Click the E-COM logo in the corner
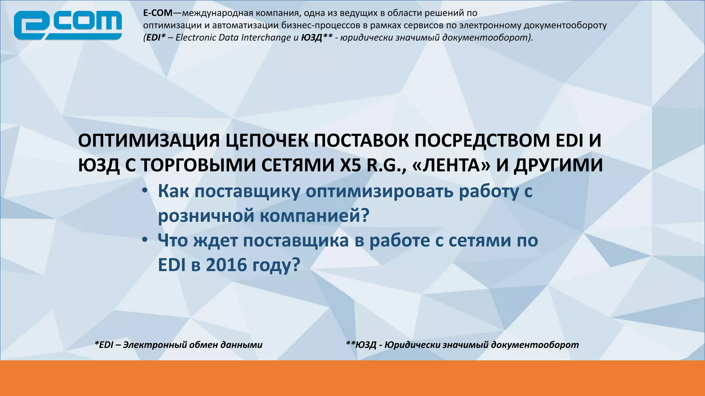[68, 25]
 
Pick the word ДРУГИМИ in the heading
[558, 165]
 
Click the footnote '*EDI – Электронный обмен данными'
[178, 345]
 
